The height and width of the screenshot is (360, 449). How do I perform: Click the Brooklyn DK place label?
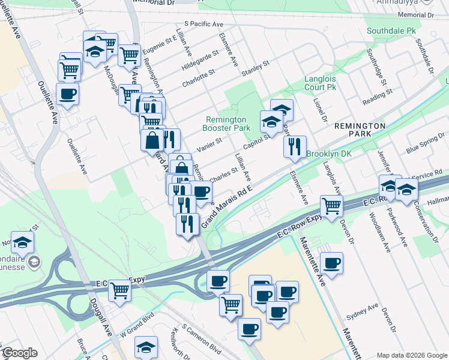pos(328,154)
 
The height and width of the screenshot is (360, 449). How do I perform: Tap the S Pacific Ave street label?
pos(203,24)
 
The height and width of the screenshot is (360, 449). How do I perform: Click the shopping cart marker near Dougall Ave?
pos(120,290)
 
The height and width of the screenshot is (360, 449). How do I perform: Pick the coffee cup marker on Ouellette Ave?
pos(67,94)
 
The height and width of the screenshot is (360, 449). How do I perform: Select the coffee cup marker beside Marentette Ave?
pos(331,262)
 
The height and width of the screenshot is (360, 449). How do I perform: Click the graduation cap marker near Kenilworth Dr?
pos(146,347)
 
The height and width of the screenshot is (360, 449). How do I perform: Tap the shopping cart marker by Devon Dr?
pos(331,206)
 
